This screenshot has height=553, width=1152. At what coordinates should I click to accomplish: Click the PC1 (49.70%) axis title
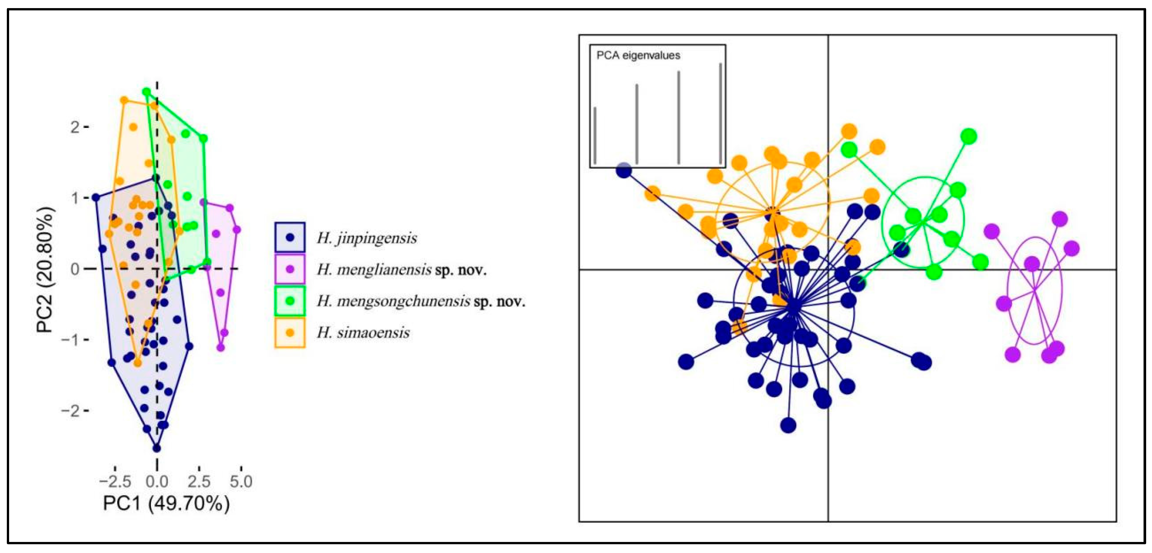pos(166,503)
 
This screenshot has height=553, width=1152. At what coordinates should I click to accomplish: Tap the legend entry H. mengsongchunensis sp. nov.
pos(421,302)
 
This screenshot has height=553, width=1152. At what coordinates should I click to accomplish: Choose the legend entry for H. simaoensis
pos(363,333)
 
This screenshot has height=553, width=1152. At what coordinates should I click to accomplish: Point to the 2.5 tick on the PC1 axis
pos(199,481)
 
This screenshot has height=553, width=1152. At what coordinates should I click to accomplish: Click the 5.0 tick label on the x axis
pos(241,481)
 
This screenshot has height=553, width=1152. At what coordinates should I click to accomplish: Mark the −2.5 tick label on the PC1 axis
pos(115,481)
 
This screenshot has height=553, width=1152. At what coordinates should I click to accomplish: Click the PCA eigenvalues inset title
pos(638,56)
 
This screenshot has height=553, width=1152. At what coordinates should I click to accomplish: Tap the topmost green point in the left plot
pos(146,92)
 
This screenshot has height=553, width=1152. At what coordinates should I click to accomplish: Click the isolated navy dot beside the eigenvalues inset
pos(624,170)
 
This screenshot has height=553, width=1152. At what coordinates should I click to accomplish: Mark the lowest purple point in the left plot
pos(220,347)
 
